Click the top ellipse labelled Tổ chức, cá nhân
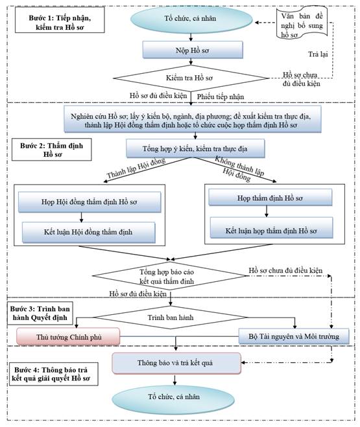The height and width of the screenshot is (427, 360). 191,19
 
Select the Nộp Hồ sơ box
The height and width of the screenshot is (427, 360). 193,50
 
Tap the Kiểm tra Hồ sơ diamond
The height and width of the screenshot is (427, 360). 191,78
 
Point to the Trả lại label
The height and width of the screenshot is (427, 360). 318,54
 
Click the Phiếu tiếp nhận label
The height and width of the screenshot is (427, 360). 221,97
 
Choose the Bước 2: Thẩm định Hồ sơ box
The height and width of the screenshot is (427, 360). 51,150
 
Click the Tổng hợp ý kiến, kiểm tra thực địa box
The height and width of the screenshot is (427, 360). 195,148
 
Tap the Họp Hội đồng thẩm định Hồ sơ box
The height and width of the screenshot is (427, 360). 90,202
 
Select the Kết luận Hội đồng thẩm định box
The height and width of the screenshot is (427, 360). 88,232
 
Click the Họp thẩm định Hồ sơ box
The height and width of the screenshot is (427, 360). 270,198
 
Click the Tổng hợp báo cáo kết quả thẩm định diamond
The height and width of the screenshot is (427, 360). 169,276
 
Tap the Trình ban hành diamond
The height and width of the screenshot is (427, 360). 171,317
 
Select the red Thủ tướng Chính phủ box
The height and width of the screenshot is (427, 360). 68,336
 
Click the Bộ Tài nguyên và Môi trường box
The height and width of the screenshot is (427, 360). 294,336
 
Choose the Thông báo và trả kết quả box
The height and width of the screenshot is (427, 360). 176,364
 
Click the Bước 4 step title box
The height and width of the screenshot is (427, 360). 53,374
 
